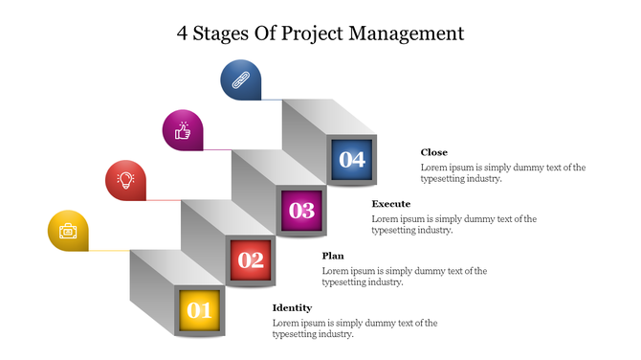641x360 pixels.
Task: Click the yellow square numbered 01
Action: click(x=199, y=310)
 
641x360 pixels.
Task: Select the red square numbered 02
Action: click(x=251, y=259)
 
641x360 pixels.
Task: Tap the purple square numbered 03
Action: click(x=301, y=210)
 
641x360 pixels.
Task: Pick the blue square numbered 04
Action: click(x=352, y=160)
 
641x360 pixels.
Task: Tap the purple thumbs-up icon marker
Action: click(x=183, y=130)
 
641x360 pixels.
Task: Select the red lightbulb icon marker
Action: click(x=125, y=179)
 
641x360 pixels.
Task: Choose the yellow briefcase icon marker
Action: click(x=68, y=231)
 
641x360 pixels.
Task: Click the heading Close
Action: click(x=433, y=152)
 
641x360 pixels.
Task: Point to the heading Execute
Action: click(x=390, y=204)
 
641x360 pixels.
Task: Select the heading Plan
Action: click(x=332, y=256)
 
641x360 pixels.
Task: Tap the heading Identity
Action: click(x=292, y=307)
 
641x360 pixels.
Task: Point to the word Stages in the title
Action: click(x=224, y=34)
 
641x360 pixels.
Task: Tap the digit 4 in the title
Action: click(x=183, y=34)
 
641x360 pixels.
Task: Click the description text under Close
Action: click(x=502, y=172)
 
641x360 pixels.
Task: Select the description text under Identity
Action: click(x=355, y=328)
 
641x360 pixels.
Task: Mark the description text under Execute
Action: click(x=453, y=224)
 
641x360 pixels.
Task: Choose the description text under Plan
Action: click(x=404, y=276)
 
